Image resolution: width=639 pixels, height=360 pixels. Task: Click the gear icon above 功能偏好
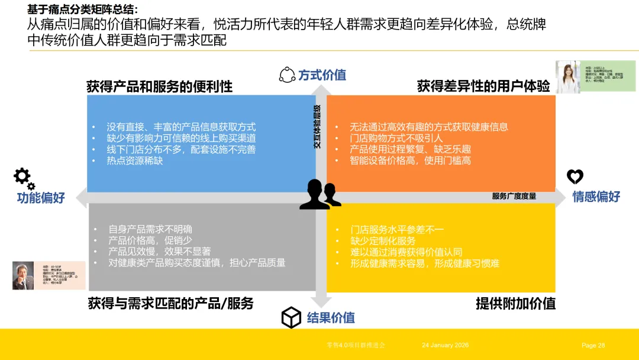pos(24,178)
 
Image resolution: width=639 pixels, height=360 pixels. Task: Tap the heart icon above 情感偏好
pos(575,176)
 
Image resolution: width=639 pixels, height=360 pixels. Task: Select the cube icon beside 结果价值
pos(291,318)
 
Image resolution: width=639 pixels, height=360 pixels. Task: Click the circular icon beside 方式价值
pos(287,75)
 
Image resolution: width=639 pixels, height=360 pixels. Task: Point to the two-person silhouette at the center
pos(319,195)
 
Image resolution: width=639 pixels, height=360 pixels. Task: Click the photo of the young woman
pos(568,76)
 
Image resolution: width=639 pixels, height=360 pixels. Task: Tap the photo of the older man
pos(24,276)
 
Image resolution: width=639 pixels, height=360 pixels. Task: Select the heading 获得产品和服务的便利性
pos(160,86)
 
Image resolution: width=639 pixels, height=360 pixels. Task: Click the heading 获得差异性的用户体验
pos(483,86)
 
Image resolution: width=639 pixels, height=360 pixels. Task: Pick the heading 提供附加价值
pos(515,304)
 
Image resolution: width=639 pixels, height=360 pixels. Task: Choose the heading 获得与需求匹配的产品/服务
pos(171,304)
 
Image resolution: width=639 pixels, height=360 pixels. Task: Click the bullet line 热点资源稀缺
pos(134,160)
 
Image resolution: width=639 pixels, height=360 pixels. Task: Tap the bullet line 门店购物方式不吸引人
pos(396,138)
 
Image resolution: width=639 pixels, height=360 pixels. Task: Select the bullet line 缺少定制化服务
pos(383,240)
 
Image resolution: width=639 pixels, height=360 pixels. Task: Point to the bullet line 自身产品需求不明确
pos(150,229)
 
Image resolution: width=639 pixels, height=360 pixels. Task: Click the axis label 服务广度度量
pos(514,196)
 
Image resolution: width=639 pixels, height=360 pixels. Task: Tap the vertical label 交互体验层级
pos(317,127)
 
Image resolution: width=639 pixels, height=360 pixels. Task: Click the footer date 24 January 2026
pos(445,345)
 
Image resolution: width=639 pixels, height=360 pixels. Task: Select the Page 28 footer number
pos(593,345)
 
